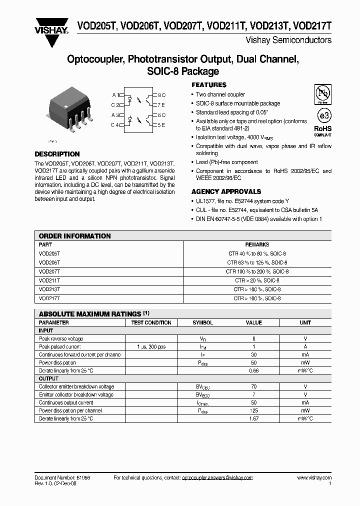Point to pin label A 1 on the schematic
pyautogui.click(x=115, y=94)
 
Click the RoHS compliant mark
pyautogui.click(x=322, y=130)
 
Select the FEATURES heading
pyautogui.click(x=209, y=85)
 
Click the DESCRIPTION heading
pyautogui.click(x=57, y=154)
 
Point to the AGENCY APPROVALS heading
pyautogui.click(x=226, y=191)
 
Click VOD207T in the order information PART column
pyautogui.click(x=49, y=271)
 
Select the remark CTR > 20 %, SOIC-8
pyautogui.click(x=257, y=280)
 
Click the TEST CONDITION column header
pyautogui.click(x=151, y=323)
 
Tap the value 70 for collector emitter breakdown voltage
pyautogui.click(x=254, y=386)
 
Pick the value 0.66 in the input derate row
pyautogui.click(x=254, y=370)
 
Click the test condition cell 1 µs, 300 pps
pyautogui.click(x=151, y=346)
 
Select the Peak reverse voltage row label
pyautogui.click(x=61, y=338)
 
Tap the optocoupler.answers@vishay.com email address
pyautogui.click(x=217, y=478)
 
